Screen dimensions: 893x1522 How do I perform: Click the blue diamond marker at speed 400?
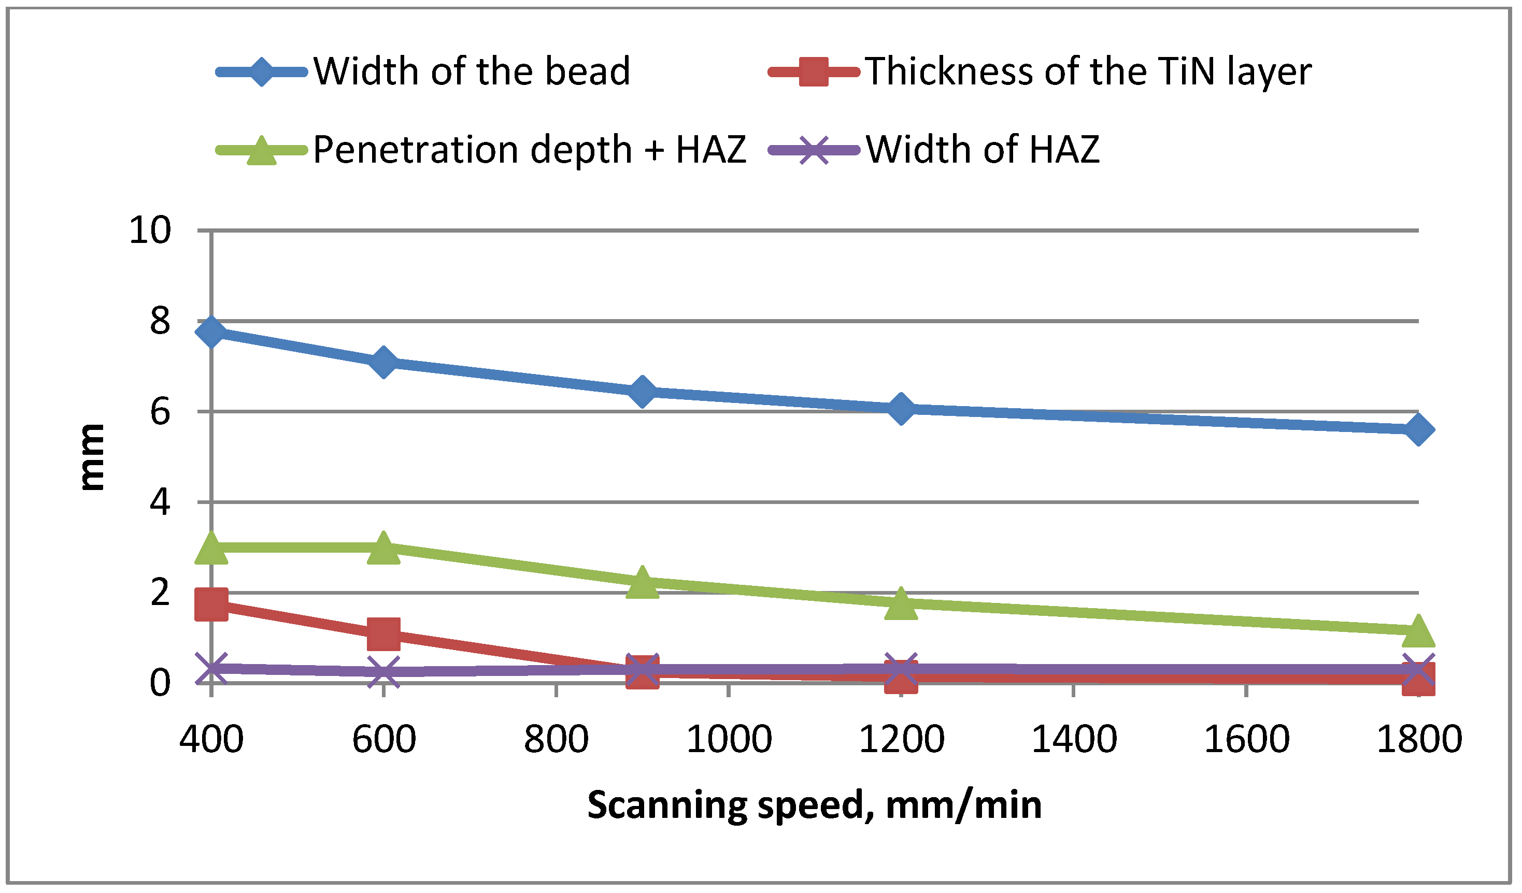pyautogui.click(x=211, y=332)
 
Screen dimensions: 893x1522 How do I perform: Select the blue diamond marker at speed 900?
pyautogui.click(x=642, y=391)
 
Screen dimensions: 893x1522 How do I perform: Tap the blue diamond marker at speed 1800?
pyautogui.click(x=1419, y=429)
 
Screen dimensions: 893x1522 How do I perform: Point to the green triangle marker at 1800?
pyautogui.click(x=1419, y=631)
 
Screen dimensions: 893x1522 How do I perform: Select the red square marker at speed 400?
pyautogui.click(x=211, y=604)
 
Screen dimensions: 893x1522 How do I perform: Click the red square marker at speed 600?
pyautogui.click(x=383, y=633)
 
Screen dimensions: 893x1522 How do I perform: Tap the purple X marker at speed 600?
pyautogui.click(x=383, y=671)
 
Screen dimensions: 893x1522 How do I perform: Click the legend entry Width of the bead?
pyautogui.click(x=471, y=71)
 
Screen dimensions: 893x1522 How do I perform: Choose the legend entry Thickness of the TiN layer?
pyautogui.click(x=1087, y=71)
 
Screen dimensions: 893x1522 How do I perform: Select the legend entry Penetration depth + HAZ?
pyautogui.click(x=529, y=149)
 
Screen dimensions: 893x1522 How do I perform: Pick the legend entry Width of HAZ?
pyautogui.click(x=982, y=149)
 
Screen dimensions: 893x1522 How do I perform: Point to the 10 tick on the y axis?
pyautogui.click(x=150, y=230)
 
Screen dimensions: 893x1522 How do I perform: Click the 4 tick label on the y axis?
pyautogui.click(x=160, y=502)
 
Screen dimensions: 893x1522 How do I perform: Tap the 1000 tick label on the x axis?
pyautogui.click(x=729, y=739)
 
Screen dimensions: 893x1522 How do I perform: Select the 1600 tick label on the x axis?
pyautogui.click(x=1247, y=739)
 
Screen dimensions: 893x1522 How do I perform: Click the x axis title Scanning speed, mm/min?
pyautogui.click(x=815, y=805)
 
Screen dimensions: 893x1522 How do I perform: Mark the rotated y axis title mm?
pyautogui.click(x=92, y=456)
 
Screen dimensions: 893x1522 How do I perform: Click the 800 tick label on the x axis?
pyautogui.click(x=556, y=739)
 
